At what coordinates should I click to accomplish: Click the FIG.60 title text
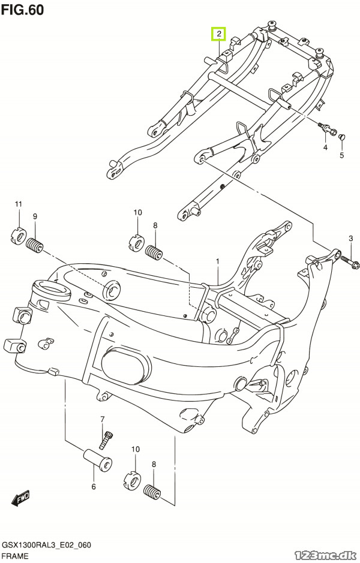pos(22,10)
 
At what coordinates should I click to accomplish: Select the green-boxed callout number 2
pos(218,34)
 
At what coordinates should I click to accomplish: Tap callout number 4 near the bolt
pos(325,147)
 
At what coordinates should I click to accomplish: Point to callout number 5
pos(341,155)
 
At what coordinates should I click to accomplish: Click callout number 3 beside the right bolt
pos(350,239)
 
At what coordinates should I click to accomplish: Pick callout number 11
pos(19,204)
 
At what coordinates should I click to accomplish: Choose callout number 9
pos(35,216)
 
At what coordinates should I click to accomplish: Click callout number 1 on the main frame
pos(217,261)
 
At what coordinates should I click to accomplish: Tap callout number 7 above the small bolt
pos(102,419)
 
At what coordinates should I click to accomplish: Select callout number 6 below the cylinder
pos(94,486)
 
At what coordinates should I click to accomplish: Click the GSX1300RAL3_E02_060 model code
pos(46,545)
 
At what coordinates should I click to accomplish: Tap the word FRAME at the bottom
pos(15,556)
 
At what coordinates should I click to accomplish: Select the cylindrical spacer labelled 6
pos(97,460)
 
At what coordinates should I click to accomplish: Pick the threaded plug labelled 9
pos(35,246)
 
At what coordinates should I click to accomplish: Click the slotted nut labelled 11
pos(17,236)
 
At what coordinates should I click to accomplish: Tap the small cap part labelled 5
pos(341,137)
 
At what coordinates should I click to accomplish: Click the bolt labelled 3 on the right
pos(347,261)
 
